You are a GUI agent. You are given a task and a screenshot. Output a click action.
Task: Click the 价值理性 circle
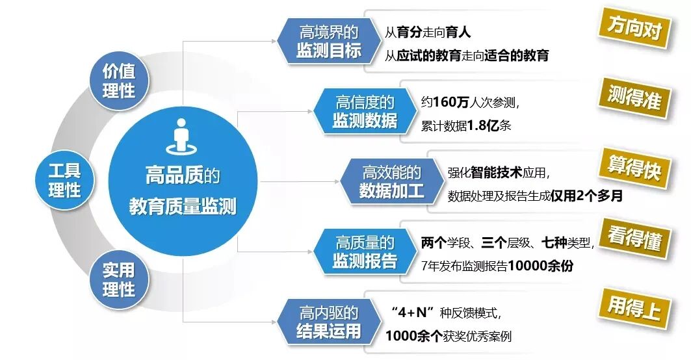118,81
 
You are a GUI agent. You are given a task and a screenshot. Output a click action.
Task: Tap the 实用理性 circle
118,278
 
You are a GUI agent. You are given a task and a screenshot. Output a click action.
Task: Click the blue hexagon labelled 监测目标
329,42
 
